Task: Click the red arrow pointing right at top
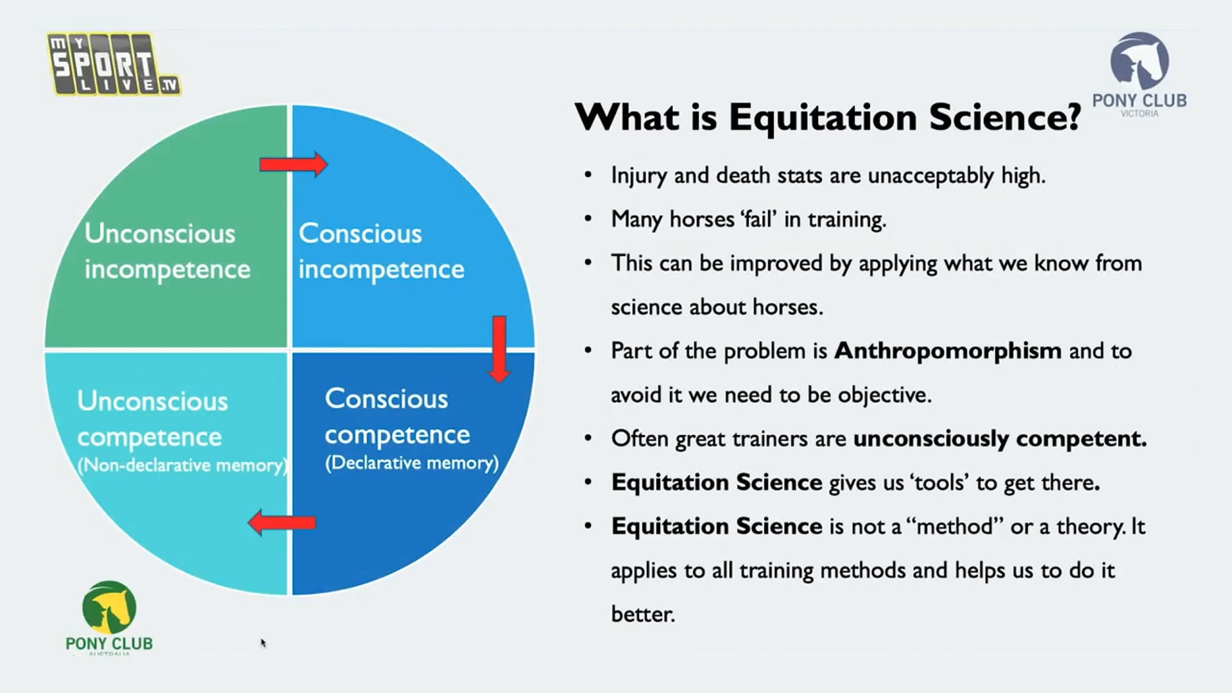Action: [x=294, y=165]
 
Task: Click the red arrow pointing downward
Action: [x=499, y=348]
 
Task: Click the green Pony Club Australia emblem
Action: [x=109, y=607]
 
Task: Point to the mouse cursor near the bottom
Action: [x=263, y=642]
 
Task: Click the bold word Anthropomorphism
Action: [x=948, y=351]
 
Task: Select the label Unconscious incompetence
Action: [x=167, y=251]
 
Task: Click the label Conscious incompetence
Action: [x=381, y=251]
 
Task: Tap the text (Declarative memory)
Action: [x=411, y=463]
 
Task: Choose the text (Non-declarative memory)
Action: [x=182, y=465]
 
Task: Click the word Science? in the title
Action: [x=1005, y=117]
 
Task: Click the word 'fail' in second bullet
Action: [x=759, y=219]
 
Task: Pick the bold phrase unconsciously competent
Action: [x=1000, y=439]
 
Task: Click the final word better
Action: [x=642, y=614]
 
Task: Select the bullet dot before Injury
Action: [x=588, y=175]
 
